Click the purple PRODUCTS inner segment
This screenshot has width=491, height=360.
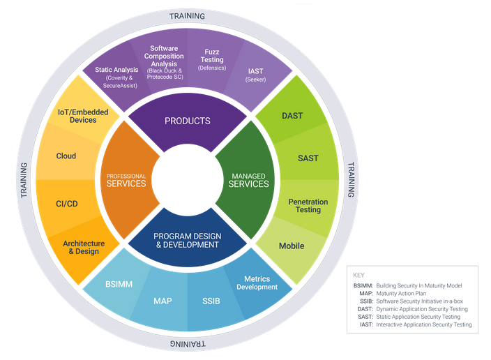(x=187, y=121)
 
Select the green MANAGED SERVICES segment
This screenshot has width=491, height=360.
(x=249, y=180)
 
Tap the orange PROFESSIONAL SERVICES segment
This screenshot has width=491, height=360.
(x=126, y=180)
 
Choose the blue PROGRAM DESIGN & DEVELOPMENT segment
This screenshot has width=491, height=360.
(x=187, y=240)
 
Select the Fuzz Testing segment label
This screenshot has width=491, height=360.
(x=212, y=59)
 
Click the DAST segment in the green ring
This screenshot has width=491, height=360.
(x=292, y=115)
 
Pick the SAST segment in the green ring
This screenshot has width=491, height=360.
(x=308, y=158)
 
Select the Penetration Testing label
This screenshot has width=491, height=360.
(x=308, y=206)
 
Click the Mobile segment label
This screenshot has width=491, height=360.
(x=292, y=246)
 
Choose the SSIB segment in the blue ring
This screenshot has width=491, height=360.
(x=211, y=301)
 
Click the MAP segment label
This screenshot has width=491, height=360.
(x=163, y=301)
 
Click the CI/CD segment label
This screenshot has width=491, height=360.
(x=66, y=204)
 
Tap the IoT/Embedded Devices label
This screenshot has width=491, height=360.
(x=77, y=116)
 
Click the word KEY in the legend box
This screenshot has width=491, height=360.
(x=358, y=275)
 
